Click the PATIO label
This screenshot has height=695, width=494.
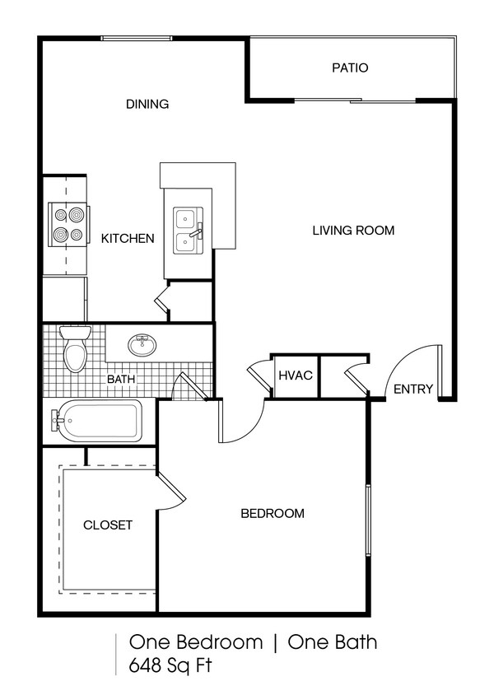click(350, 68)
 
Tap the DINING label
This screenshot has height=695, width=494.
click(147, 105)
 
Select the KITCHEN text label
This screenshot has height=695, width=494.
click(128, 239)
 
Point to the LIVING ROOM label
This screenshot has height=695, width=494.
click(352, 231)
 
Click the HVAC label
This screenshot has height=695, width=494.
click(295, 375)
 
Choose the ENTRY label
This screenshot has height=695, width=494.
click(412, 389)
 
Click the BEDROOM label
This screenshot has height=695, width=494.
click(272, 514)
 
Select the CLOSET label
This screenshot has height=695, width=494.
click(107, 525)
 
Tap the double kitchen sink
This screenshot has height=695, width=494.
click(187, 231)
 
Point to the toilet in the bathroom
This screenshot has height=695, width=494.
click(75, 351)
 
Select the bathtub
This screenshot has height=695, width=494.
click(96, 421)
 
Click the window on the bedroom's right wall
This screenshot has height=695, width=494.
click(368, 520)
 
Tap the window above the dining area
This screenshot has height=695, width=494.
click(136, 37)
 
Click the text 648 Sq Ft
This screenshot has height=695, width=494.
click(170, 666)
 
